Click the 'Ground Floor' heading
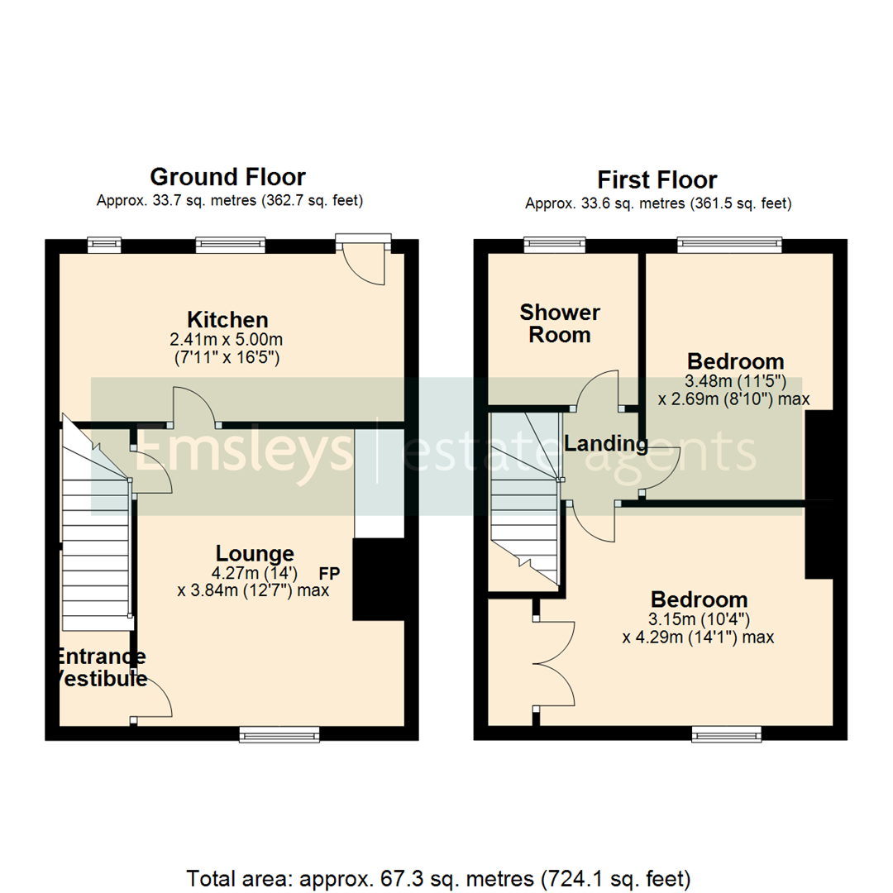pyautogui.click(x=227, y=177)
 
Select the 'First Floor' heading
pyautogui.click(x=657, y=179)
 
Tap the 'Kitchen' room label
pyautogui.click(x=227, y=319)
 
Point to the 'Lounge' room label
pyautogui.click(x=255, y=553)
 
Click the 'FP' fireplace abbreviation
pyautogui.click(x=331, y=572)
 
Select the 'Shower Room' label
pyautogui.click(x=560, y=323)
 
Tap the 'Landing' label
pyautogui.click(x=605, y=444)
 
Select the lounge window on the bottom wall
pyautogui.click(x=279, y=733)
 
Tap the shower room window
pyautogui.click(x=555, y=244)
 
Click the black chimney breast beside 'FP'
pyautogui.click(x=378, y=579)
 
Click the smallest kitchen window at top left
pyautogui.click(x=104, y=244)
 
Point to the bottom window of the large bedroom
pyautogui.click(x=727, y=733)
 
